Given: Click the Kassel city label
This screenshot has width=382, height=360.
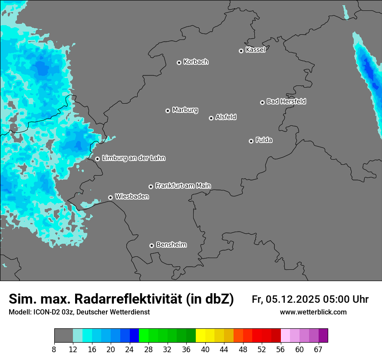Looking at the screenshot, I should click(255, 50).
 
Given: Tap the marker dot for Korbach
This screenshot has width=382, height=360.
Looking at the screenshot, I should click(179, 62).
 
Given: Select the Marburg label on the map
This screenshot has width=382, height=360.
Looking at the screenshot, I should click(185, 110).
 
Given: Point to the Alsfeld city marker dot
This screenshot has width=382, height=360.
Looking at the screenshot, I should click(211, 118).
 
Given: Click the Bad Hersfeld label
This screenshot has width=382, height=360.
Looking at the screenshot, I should click(286, 101).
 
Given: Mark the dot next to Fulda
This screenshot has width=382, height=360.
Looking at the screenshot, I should click(251, 141).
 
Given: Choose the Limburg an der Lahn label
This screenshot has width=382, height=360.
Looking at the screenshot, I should click(133, 158).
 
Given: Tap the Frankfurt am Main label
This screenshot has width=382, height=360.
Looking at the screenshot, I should click(183, 186).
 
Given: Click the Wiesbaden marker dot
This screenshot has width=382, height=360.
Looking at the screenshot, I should click(110, 197).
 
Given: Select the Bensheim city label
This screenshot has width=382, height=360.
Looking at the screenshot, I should click(171, 245).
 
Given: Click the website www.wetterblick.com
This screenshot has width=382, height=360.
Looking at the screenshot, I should click(313, 312).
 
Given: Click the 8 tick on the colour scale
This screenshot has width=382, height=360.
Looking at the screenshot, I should click(54, 349).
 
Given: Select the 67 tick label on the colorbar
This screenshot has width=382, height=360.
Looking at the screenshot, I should click(318, 349).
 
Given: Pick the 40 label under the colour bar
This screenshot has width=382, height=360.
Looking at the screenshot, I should click(205, 349).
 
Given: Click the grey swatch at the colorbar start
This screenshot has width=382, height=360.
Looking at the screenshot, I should click(63, 336).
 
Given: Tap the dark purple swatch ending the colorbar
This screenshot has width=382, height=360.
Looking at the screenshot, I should click(323, 336).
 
